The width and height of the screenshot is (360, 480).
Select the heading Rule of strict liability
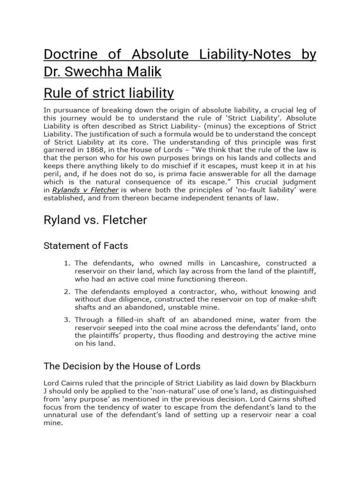[x=109, y=93]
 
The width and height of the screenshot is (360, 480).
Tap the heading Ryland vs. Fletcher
[x=95, y=220]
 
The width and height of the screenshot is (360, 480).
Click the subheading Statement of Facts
[x=86, y=245]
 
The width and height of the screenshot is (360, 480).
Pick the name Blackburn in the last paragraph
[x=295, y=383]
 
